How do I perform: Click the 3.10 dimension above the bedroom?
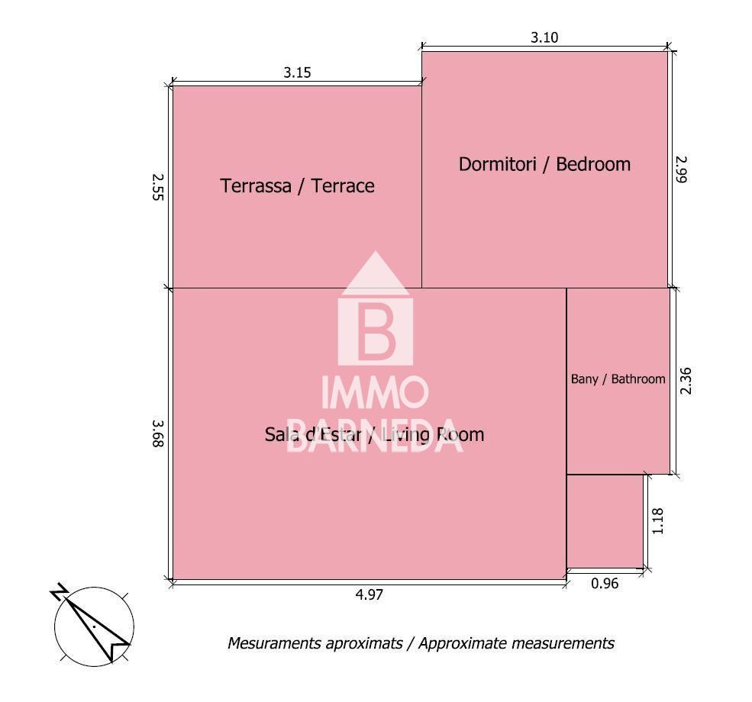click(x=544, y=37)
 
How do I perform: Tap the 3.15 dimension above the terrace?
click(x=297, y=72)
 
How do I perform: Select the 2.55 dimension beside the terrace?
click(x=158, y=188)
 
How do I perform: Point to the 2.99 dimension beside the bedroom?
click(x=681, y=169)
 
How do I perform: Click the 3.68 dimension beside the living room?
click(x=158, y=433)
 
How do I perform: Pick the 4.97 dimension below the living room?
click(x=370, y=594)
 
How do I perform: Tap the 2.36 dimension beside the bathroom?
click(x=686, y=381)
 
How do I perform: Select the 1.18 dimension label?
click(x=657, y=521)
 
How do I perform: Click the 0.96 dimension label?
click(x=605, y=584)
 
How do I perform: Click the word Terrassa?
click(x=256, y=186)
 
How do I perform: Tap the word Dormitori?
click(x=497, y=164)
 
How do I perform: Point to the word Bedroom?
click(x=593, y=164)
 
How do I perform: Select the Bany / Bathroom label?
click(x=618, y=379)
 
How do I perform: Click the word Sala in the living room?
click(x=279, y=435)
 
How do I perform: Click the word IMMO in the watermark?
click(x=375, y=392)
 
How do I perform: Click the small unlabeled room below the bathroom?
click(x=605, y=521)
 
